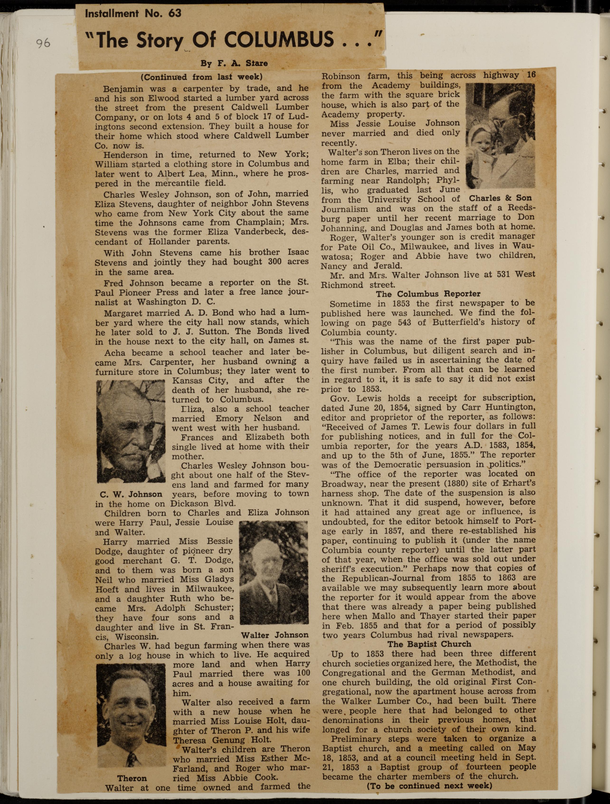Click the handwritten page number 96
coord(43,43)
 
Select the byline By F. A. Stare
coord(234,63)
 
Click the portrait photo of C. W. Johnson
coord(131,431)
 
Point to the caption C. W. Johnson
coord(131,494)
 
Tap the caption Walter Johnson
coord(275,635)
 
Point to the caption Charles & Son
coord(500,198)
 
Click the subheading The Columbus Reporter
coord(428,294)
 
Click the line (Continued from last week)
coord(202,77)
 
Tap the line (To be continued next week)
coord(429,785)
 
